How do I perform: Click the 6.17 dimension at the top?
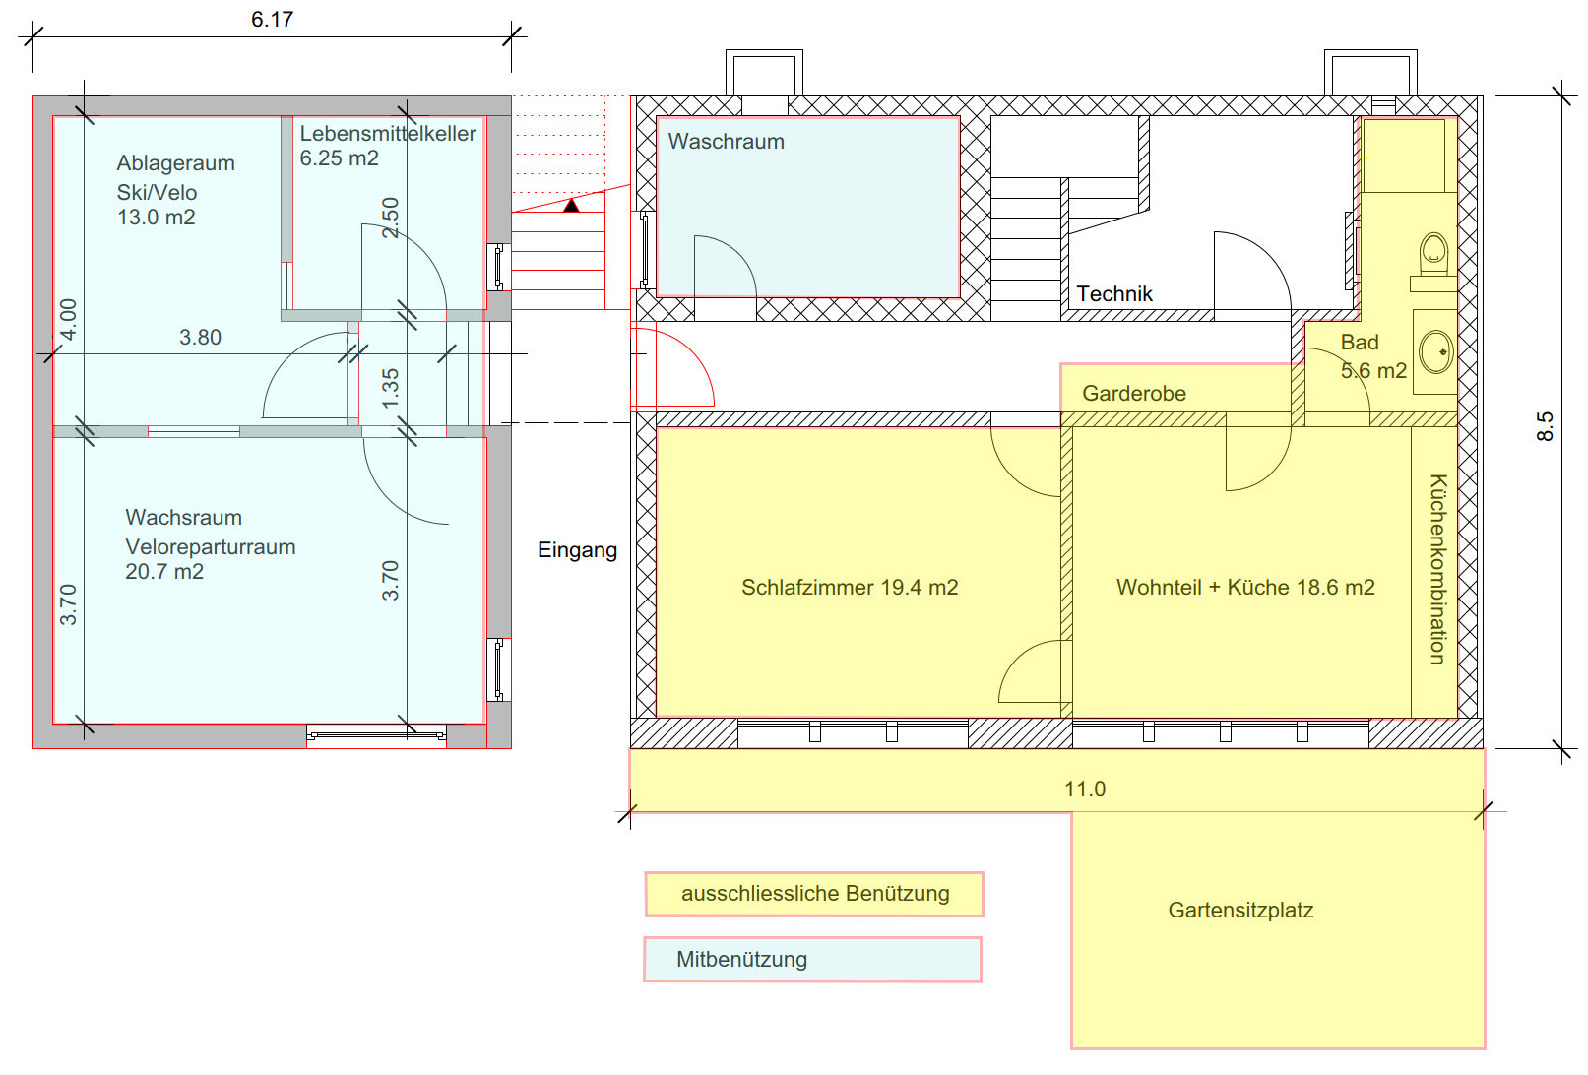click(272, 20)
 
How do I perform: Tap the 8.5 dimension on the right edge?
click(1545, 426)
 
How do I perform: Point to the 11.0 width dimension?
click(1085, 790)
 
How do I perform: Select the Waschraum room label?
click(727, 142)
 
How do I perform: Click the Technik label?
click(1114, 294)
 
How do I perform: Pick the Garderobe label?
click(1134, 394)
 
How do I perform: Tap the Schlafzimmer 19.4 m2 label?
click(850, 588)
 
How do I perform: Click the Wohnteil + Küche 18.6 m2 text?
click(1245, 588)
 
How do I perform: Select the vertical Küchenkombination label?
click(1438, 569)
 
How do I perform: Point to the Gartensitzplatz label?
click(1240, 911)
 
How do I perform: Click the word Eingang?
click(577, 550)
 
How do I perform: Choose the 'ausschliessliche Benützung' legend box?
click(814, 894)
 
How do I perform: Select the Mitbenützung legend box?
click(812, 960)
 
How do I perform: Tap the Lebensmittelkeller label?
click(388, 134)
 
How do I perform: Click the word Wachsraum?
click(184, 518)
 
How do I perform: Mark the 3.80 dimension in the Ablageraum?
click(200, 338)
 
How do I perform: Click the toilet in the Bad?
click(1433, 254)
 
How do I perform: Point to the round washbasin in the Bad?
click(1436, 350)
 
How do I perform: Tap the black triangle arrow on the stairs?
click(571, 205)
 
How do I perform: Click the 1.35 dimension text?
click(391, 388)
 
